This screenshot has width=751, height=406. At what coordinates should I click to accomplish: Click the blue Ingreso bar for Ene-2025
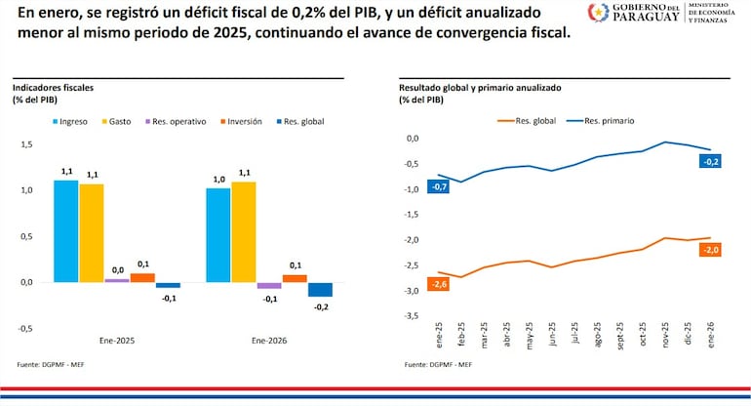tap(65, 231)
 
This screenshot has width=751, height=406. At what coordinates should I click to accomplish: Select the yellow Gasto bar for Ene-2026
tap(244, 232)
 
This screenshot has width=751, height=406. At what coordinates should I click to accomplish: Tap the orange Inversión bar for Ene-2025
tap(142, 278)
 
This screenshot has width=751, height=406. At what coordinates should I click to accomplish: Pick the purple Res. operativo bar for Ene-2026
tap(269, 286)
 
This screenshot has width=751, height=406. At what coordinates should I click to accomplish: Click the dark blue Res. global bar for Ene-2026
tap(320, 290)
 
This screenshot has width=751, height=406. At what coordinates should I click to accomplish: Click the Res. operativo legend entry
tap(177, 121)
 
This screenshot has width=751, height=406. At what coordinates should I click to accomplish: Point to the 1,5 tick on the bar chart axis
tap(27, 143)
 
